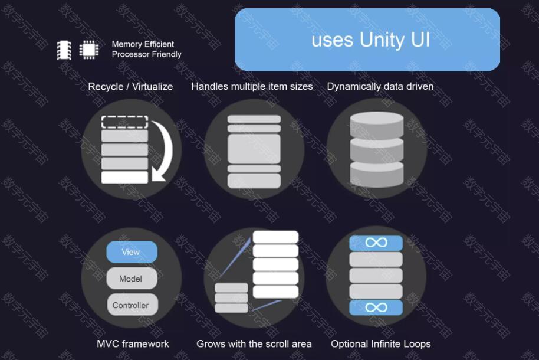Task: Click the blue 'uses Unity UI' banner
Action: click(x=367, y=40)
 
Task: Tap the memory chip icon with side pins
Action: click(x=64, y=50)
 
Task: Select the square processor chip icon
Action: click(x=89, y=50)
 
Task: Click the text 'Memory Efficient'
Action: click(x=143, y=44)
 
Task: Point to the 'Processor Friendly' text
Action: click(x=146, y=54)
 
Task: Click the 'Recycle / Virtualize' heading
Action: click(x=130, y=86)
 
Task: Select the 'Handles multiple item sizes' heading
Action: click(x=252, y=86)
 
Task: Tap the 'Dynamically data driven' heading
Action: click(x=380, y=86)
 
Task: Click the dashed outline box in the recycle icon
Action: click(x=125, y=122)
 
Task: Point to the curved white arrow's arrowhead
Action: click(x=157, y=175)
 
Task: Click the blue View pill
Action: click(x=132, y=252)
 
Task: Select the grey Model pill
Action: click(x=132, y=279)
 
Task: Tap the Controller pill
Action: click(x=132, y=305)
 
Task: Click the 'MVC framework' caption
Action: click(x=133, y=343)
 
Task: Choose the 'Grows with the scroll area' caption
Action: click(x=254, y=343)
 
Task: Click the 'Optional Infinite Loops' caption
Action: click(x=380, y=343)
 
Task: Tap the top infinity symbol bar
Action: click(x=376, y=243)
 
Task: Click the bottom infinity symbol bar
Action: click(x=376, y=307)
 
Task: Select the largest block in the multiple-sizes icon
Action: click(x=254, y=149)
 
